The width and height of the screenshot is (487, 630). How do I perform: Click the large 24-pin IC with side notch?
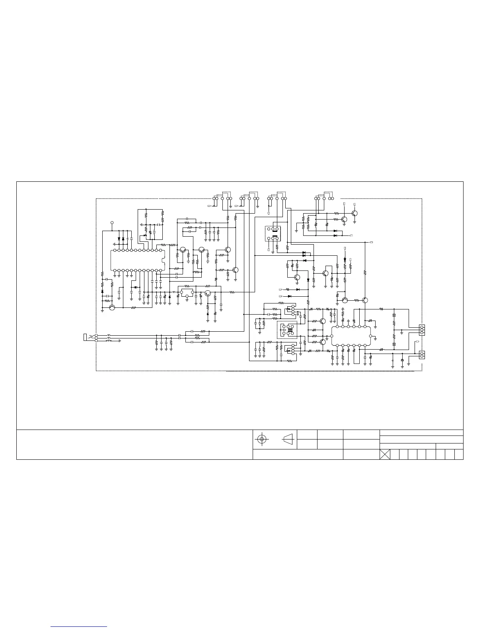[x=138, y=261]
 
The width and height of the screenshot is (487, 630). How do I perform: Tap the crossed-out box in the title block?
[x=385, y=455]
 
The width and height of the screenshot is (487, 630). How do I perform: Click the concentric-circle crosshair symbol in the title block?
[x=261, y=439]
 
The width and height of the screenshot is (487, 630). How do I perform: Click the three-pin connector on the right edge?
[x=422, y=330]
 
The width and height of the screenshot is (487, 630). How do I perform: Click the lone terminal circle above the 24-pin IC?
[x=112, y=223]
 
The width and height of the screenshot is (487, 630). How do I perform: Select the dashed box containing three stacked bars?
[x=287, y=330]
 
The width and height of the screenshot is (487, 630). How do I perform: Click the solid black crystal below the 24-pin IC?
[x=135, y=288]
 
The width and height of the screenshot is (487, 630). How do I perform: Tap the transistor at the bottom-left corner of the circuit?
[x=112, y=307]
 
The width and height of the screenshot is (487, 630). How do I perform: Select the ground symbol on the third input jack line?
[x=119, y=341]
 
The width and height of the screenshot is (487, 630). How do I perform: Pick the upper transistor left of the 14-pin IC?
[x=323, y=321]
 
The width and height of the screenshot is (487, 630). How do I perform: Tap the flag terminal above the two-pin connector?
[x=417, y=342]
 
